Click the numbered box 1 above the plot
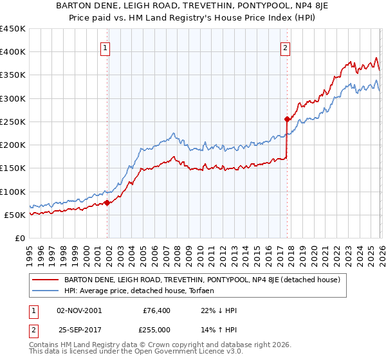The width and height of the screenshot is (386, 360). [104, 47]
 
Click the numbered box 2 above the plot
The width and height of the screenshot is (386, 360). [285, 47]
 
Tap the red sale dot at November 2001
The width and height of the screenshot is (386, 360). [107, 203]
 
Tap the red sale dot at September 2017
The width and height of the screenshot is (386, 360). [287, 119]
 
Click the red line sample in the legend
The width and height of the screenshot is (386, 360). [46, 280]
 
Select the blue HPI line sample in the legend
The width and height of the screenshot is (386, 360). [46, 291]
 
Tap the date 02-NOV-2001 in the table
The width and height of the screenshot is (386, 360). [79, 310]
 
